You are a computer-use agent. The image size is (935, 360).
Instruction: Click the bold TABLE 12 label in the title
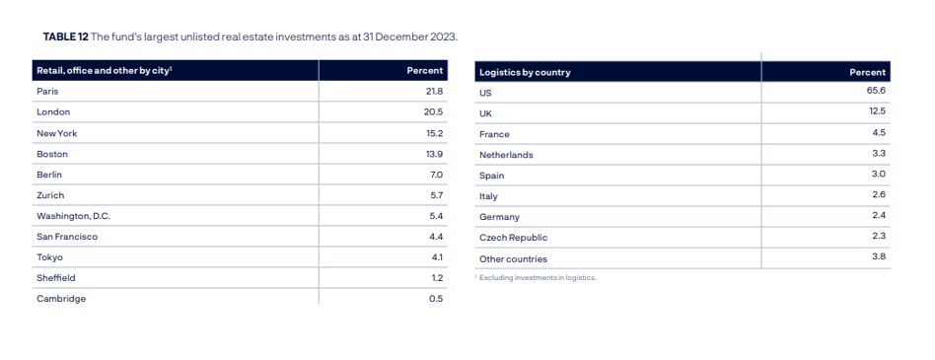tap(66, 36)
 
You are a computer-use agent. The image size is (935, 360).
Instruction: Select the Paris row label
tap(47, 91)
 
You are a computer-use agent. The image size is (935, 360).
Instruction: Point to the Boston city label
tap(52, 154)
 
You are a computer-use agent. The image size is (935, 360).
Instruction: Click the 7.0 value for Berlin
tap(436, 175)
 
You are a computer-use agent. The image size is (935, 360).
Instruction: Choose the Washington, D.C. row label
tap(73, 216)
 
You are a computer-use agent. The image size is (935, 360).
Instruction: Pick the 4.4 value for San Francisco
tap(436, 237)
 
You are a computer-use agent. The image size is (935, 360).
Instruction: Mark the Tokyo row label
tap(49, 257)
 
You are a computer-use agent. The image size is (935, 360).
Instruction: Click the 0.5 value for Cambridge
tap(436, 299)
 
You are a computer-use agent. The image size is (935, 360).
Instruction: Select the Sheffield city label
tap(56, 278)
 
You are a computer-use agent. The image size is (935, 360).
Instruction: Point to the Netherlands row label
tap(506, 155)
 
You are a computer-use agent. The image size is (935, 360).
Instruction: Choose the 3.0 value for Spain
tap(879, 176)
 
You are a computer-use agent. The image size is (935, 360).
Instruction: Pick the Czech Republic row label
tap(514, 238)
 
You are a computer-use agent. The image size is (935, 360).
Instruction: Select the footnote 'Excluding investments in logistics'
tap(538, 278)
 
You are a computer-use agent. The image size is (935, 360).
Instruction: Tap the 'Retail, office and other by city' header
tap(105, 71)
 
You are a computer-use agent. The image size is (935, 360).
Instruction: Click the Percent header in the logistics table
tap(868, 73)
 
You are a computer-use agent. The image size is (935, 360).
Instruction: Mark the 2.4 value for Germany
tap(879, 217)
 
